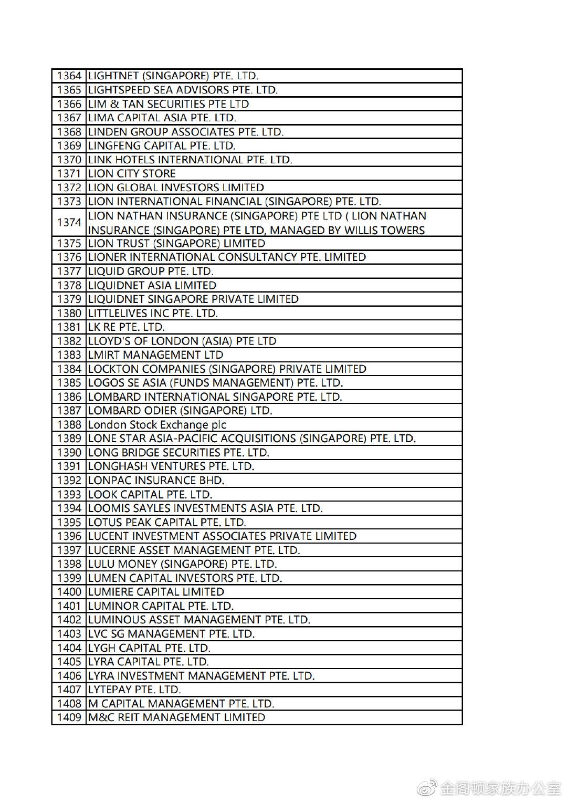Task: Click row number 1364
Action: [x=69, y=76]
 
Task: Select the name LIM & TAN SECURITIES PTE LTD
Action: [x=168, y=104]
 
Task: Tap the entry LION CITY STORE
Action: [x=132, y=174]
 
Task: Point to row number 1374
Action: [x=69, y=223]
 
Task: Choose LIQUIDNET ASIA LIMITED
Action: [x=152, y=286]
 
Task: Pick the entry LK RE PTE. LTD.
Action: [x=126, y=327]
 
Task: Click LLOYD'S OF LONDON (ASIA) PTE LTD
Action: [x=182, y=341]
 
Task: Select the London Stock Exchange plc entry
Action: [x=157, y=425]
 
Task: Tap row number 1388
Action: [x=69, y=425]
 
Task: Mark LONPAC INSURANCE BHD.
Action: [x=156, y=481]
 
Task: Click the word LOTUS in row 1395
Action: [x=105, y=523]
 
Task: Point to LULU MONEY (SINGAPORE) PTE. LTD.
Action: [x=182, y=564]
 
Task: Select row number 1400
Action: [x=69, y=592]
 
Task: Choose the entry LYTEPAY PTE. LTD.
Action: [x=134, y=690]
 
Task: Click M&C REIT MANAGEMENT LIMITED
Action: [x=176, y=717]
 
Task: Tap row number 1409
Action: [x=69, y=717]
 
